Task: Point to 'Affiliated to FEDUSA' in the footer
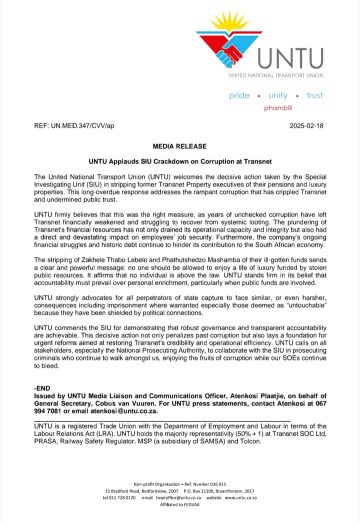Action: (x=180, y=513)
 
